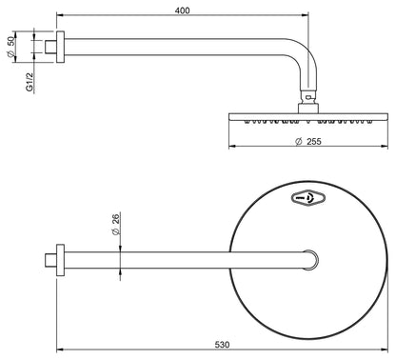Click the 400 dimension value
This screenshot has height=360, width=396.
pos(183,10)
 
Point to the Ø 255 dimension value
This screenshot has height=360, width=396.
pos(309,141)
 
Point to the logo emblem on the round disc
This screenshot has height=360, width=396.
pos(308,197)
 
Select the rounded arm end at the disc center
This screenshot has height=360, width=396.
pos(309,258)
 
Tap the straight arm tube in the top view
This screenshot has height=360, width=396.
pos(181,258)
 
